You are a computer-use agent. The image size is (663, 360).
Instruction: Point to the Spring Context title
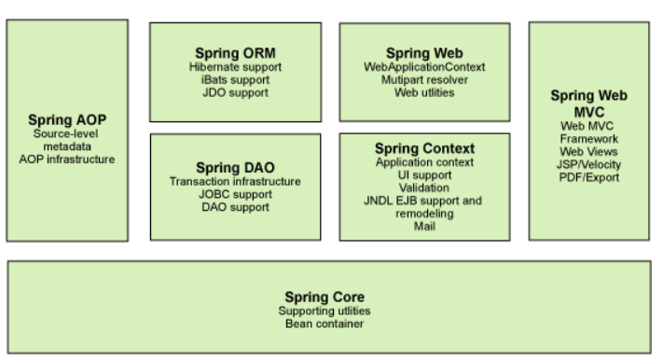click(x=425, y=148)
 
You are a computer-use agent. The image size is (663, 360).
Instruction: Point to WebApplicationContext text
click(x=424, y=67)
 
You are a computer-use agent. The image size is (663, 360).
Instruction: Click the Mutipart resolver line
click(x=424, y=80)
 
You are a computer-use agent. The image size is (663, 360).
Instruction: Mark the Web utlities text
click(x=424, y=92)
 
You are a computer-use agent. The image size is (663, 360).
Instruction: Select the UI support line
click(x=425, y=173)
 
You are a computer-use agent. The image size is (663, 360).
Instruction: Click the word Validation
click(x=425, y=187)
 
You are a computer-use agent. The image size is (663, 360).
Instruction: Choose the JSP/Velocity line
click(x=590, y=163)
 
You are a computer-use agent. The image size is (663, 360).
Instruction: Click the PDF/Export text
click(x=590, y=176)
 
